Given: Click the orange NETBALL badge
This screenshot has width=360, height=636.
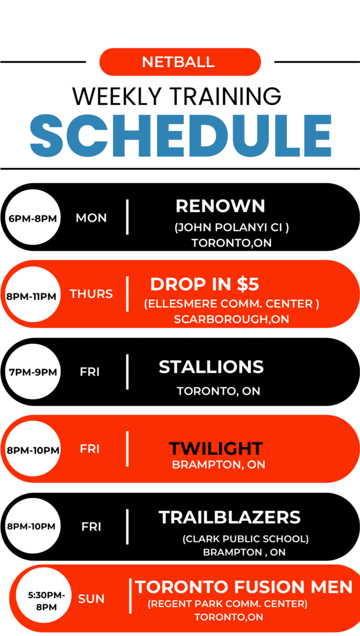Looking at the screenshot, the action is point(180,62).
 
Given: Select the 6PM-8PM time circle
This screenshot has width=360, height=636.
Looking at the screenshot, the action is point(32,218).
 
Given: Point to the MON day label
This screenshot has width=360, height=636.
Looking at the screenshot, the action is point(91,218).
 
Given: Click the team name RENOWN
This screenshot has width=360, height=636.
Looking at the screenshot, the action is point(220,206).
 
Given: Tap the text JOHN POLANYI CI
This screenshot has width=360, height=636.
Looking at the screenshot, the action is point(232,228).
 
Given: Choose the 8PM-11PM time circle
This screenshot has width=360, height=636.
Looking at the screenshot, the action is point(32,296).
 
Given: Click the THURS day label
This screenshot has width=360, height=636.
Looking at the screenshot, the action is point(91,294).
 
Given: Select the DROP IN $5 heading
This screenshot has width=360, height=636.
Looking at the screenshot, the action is point(204,284).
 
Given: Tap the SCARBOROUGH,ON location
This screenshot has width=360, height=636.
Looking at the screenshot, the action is point(232,319).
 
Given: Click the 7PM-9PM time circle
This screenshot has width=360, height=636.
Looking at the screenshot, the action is point(32,372).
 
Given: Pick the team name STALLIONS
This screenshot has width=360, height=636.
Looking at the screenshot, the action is point(211,367).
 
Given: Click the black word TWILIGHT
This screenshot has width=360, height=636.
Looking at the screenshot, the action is point(216,449).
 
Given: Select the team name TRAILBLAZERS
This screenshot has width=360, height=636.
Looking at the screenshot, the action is point(230,517).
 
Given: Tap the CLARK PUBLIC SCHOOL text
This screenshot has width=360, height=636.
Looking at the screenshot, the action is point(246,539).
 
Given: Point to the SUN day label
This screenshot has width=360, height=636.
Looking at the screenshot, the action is point(91,599).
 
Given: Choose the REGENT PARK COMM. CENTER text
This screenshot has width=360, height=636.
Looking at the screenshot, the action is point(227,604).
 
